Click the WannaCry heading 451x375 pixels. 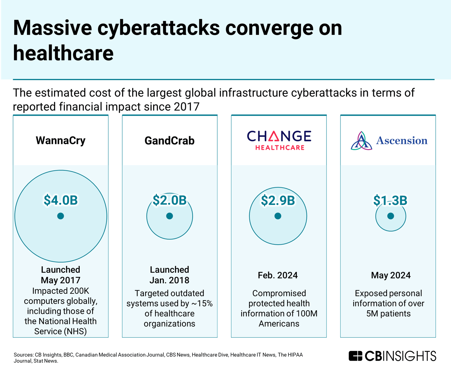pyautogui.click(x=60, y=140)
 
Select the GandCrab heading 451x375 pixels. pyautogui.click(x=169, y=141)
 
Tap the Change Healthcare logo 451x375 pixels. pyautogui.click(x=279, y=140)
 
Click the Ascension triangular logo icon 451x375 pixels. pyautogui.click(x=361, y=141)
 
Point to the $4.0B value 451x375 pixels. pyautogui.click(x=60, y=200)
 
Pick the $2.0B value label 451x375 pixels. pyautogui.click(x=169, y=200)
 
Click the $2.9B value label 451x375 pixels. pyautogui.click(x=278, y=200)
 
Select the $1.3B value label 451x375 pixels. pyautogui.click(x=390, y=200)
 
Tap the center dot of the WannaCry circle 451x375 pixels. pyautogui.click(x=60, y=216)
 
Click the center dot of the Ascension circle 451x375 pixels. pyautogui.click(x=391, y=216)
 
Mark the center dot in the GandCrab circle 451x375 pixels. pyautogui.click(x=170, y=216)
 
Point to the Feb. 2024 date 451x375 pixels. pyautogui.click(x=278, y=275)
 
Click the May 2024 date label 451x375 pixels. pyautogui.click(x=391, y=275)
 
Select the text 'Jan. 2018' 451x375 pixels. pyautogui.click(x=169, y=280)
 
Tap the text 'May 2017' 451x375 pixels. pyautogui.click(x=60, y=280)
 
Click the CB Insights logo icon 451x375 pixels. pyautogui.click(x=355, y=356)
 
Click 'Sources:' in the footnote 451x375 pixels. pyautogui.click(x=23, y=355)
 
